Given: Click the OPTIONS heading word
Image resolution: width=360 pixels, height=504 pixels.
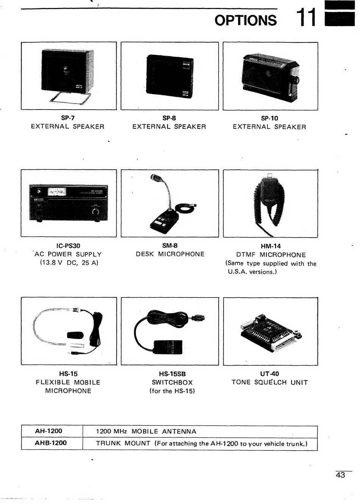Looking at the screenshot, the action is pyautogui.click(x=246, y=20).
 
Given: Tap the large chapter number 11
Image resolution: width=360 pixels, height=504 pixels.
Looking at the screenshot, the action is pyautogui.click(x=305, y=17).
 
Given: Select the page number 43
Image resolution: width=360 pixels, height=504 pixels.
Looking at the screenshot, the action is pyautogui.click(x=340, y=475).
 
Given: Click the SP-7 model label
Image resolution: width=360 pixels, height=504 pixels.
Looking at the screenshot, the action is pyautogui.click(x=68, y=118).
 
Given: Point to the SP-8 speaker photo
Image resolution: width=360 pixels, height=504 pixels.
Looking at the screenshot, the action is pyautogui.click(x=170, y=76).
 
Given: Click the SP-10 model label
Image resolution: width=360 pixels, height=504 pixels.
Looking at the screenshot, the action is pyautogui.click(x=269, y=118).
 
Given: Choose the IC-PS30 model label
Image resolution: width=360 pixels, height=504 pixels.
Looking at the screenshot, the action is pyautogui.click(x=68, y=246).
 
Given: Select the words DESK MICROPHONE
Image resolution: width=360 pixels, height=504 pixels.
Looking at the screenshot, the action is pyautogui.click(x=170, y=254).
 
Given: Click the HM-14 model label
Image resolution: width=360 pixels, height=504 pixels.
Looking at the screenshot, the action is pyautogui.click(x=271, y=246).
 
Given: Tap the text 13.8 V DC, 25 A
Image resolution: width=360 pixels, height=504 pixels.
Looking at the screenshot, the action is pyautogui.click(x=69, y=263).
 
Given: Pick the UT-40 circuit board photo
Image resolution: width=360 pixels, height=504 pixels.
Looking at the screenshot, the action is pyautogui.click(x=269, y=331).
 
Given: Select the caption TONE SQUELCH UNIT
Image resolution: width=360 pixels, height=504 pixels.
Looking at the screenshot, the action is pyautogui.click(x=269, y=382).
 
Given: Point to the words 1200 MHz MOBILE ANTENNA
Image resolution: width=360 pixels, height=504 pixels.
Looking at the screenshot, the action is pyautogui.click(x=146, y=432).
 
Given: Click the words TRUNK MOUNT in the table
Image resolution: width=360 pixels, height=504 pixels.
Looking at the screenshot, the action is pyautogui.click(x=123, y=443).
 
